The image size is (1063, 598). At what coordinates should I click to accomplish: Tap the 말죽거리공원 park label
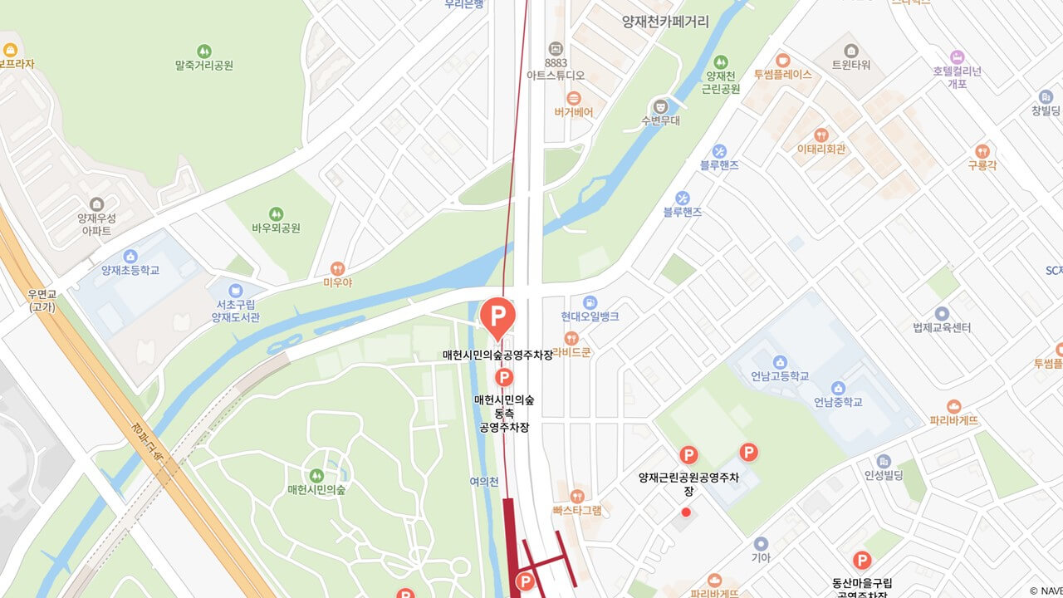pyautogui.click(x=204, y=65)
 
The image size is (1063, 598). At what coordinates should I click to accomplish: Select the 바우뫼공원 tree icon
pyautogui.click(x=276, y=213)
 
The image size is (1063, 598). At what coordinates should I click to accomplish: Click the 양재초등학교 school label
pyautogui.click(x=130, y=270)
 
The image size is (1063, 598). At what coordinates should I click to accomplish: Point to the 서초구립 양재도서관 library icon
pyautogui.click(x=236, y=290)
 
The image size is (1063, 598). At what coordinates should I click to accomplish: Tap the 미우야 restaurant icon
pyautogui.click(x=337, y=268)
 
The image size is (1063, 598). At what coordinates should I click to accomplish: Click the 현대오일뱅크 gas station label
pyautogui.click(x=590, y=316)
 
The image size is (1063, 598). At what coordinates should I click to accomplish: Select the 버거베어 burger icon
pyautogui.click(x=574, y=98)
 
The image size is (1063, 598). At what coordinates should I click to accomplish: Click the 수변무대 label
pyautogui.click(x=660, y=120)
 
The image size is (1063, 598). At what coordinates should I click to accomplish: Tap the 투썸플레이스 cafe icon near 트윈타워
pyautogui.click(x=782, y=60)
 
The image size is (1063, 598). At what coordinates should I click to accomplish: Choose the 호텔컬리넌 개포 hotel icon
pyautogui.click(x=957, y=57)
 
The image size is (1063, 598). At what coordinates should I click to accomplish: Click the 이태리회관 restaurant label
pyautogui.click(x=821, y=149)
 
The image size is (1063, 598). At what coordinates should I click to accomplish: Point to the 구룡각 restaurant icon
pyautogui.click(x=982, y=151)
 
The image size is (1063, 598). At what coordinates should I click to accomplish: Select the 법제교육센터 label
pyautogui.click(x=942, y=327)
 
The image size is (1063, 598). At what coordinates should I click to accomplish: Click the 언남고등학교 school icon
pyautogui.click(x=780, y=361)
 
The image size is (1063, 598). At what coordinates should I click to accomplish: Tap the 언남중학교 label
pyautogui.click(x=838, y=402)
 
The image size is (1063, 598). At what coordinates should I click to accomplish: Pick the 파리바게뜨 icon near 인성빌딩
pyautogui.click(x=953, y=407)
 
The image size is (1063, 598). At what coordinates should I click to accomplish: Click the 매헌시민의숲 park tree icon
pyautogui.click(x=316, y=475)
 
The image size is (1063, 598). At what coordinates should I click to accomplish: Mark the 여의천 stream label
pyautogui.click(x=483, y=481)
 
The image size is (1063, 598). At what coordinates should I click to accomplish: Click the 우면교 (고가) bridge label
pyautogui.click(x=42, y=300)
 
